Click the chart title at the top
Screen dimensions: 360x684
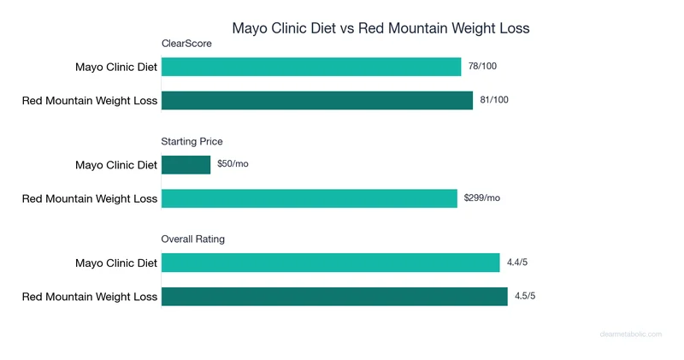point(380,28)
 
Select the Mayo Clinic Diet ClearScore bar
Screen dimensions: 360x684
point(311,67)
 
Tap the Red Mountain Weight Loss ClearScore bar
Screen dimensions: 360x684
point(316,101)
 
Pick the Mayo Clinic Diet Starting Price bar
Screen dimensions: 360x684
point(186,164)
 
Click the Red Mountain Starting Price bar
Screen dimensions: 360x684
point(309,198)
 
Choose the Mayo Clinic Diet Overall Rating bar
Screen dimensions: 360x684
point(330,263)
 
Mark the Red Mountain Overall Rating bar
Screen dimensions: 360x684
point(334,297)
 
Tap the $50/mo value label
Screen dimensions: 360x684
point(233,164)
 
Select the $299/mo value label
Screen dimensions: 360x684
point(482,198)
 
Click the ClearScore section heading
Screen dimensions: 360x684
point(186,44)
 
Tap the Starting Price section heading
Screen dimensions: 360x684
point(192,141)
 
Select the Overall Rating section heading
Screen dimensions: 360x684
point(193,239)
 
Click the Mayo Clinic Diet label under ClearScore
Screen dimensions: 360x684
point(116,67)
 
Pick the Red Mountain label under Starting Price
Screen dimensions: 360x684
point(90,198)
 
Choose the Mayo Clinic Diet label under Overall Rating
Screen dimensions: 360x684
point(116,263)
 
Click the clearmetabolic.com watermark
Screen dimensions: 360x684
point(629,334)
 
